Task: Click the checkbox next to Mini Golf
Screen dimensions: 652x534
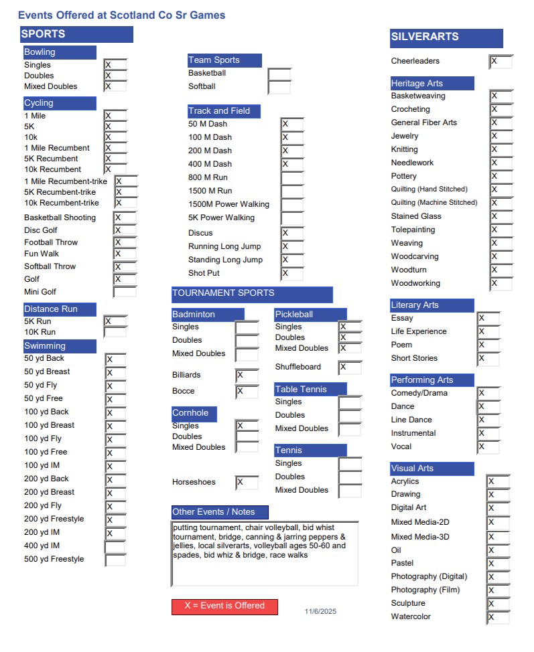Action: pyautogui.click(x=125, y=292)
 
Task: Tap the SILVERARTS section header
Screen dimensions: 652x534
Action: pyautogui.click(x=446, y=38)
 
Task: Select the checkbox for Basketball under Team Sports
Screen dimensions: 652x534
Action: pyautogui.click(x=279, y=74)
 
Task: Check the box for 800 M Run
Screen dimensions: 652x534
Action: pyautogui.click(x=292, y=177)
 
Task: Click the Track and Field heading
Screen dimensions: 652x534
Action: pyautogui.click(x=224, y=111)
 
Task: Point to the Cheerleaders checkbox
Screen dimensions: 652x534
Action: pyautogui.click(x=500, y=62)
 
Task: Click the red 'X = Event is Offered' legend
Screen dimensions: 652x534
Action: pyautogui.click(x=224, y=606)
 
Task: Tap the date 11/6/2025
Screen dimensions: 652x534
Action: pyautogui.click(x=320, y=612)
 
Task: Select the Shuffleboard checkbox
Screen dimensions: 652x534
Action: pyautogui.click(x=350, y=368)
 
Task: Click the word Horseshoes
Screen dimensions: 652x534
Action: pyautogui.click(x=194, y=482)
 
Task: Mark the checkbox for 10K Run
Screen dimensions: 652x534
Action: pyautogui.click(x=115, y=332)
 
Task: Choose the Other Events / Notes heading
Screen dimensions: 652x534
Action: pyautogui.click(x=220, y=512)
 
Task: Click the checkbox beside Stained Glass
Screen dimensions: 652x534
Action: pyautogui.click(x=500, y=217)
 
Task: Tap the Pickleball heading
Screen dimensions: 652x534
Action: pyautogui.click(x=310, y=315)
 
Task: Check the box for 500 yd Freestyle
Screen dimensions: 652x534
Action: pyautogui.click(x=115, y=560)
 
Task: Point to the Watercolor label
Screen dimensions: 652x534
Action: pyautogui.click(x=411, y=617)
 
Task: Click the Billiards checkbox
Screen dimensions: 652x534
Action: pyautogui.click(x=247, y=376)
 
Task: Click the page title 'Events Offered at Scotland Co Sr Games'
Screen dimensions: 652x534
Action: pyautogui.click(x=122, y=15)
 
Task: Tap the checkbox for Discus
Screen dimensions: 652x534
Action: pyautogui.click(x=292, y=233)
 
